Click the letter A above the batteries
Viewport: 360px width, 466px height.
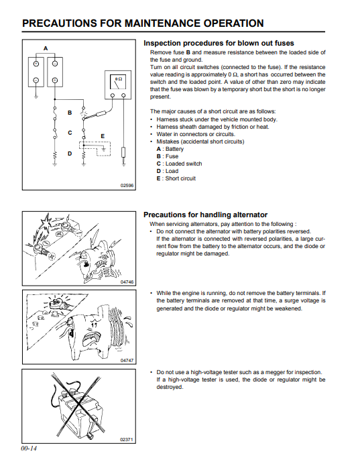pyautogui.click(x=46, y=48)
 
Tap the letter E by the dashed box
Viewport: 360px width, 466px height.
pyautogui.click(x=103, y=136)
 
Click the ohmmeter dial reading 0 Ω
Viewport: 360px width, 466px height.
pyautogui.click(x=118, y=84)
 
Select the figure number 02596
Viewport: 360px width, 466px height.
pyautogui.click(x=127, y=186)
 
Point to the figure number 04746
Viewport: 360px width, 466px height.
pyautogui.click(x=127, y=282)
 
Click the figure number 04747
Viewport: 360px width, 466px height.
pyautogui.click(x=127, y=360)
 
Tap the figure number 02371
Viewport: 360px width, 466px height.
pyautogui.click(x=127, y=439)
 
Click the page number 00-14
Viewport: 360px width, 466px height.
pyautogui.click(x=29, y=449)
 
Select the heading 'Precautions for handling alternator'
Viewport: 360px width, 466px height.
pyautogui.click(x=205, y=215)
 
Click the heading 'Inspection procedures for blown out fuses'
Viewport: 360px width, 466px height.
pyautogui.click(x=219, y=43)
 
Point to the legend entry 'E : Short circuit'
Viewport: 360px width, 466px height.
pyautogui.click(x=176, y=178)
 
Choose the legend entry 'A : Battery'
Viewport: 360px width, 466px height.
pyautogui.click(x=170, y=149)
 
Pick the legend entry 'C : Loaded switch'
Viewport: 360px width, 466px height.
pyautogui.click(x=179, y=164)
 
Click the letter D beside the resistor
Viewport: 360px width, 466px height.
pyautogui.click(x=70, y=154)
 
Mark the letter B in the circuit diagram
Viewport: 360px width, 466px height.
pyautogui.click(x=70, y=113)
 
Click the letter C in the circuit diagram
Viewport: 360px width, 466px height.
pyautogui.click(x=70, y=133)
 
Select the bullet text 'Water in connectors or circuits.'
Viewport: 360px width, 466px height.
pyautogui.click(x=196, y=134)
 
